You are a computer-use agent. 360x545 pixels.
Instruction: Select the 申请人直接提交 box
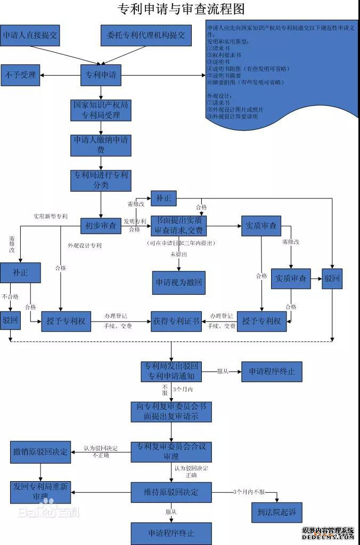pos(30,36)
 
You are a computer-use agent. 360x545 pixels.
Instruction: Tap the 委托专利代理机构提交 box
pos(145,36)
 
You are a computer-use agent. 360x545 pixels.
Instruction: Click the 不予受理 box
pos(20,75)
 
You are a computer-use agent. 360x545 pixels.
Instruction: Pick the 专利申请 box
pos(101,75)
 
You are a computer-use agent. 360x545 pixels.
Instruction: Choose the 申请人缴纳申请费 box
pos(101,145)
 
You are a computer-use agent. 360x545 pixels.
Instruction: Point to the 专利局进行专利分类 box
pos(101,180)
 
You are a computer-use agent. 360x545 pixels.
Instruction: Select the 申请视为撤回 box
pos(178,282)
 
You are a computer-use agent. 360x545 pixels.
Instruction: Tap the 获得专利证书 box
pos(176,321)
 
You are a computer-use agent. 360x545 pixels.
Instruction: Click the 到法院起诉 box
pos(277,513)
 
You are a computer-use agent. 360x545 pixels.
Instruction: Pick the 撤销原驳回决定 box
pos(40,452)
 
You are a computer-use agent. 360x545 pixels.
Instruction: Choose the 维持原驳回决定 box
pos(171,492)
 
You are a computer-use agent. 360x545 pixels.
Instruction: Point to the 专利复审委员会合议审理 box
pos(171,451)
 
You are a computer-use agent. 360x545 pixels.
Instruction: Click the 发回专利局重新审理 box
pos(40,492)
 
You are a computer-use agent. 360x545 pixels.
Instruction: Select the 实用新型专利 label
pos(51,217)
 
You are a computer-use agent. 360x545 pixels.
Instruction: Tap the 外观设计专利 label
pos(84,245)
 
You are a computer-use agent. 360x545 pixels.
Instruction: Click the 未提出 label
pos(178,255)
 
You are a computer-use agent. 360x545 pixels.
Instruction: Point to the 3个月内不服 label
pos(249,491)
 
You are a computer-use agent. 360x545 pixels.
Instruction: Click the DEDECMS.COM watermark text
pos(328,538)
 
